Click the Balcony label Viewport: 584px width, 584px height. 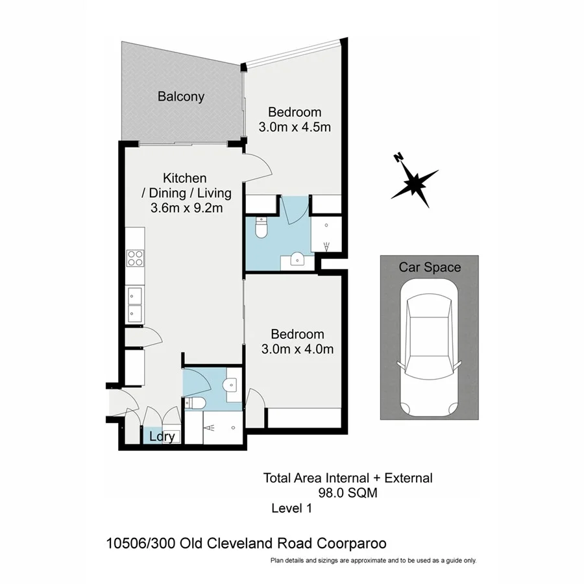tap(181, 97)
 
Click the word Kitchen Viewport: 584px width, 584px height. tap(184, 178)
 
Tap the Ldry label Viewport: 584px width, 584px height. tap(161, 437)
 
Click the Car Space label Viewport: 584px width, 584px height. tap(430, 267)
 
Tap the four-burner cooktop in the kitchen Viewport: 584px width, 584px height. tap(135, 258)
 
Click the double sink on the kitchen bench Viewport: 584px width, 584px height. tap(135, 304)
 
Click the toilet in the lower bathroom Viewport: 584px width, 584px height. tap(196, 404)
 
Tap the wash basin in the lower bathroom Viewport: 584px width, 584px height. tap(229, 385)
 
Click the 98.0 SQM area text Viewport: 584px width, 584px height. tap(347, 493)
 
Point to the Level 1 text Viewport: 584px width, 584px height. tap(292, 509)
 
